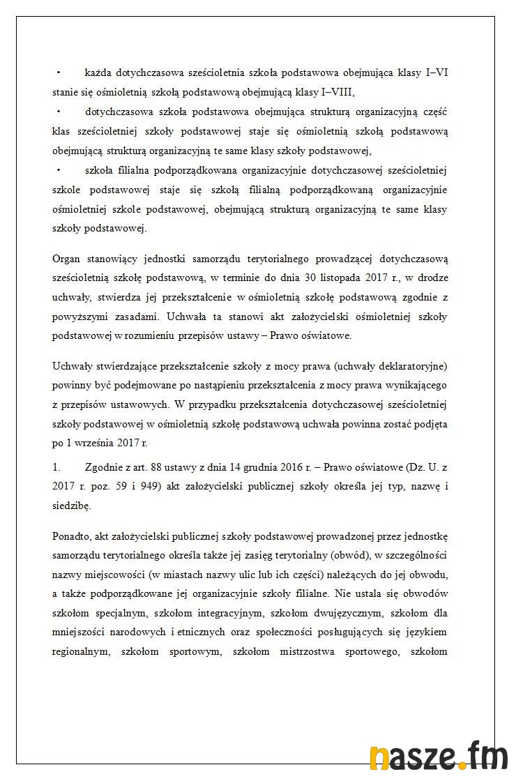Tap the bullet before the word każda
[x=59, y=73]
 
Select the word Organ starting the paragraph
[x=67, y=259]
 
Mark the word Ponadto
[x=72, y=536]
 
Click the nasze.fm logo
[x=438, y=759]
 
